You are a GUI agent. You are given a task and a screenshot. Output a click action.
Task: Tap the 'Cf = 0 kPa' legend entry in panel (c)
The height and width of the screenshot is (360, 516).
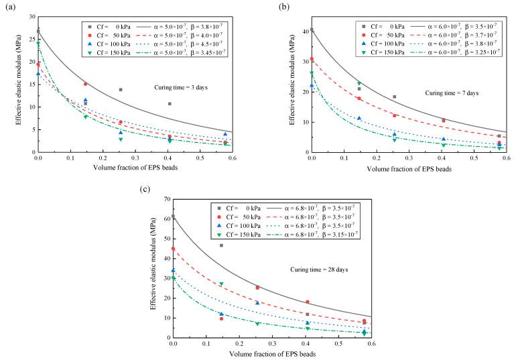(237, 208)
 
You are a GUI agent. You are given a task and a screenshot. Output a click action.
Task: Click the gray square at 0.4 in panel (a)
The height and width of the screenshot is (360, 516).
(170, 104)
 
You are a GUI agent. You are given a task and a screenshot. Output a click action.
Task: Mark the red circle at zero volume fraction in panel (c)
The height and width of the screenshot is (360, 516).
(174, 249)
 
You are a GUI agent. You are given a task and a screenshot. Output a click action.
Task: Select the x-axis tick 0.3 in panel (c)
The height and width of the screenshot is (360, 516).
(272, 343)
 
